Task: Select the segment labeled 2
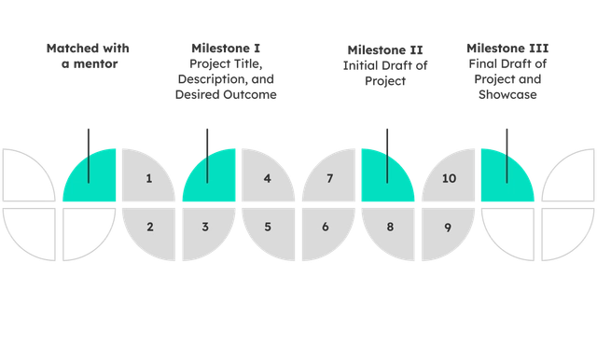(149, 227)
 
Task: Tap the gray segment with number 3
(207, 227)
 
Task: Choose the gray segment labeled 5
(267, 227)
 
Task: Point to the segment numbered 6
(326, 227)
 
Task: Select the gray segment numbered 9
(446, 227)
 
